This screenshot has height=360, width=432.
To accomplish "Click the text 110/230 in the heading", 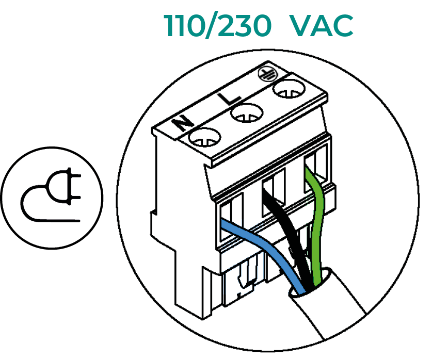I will pos(217,25).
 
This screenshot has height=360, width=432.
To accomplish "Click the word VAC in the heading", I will pos(322,25).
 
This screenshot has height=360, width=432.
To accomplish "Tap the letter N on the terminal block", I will pos(181,123).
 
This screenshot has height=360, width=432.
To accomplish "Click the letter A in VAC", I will pos(322,25).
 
